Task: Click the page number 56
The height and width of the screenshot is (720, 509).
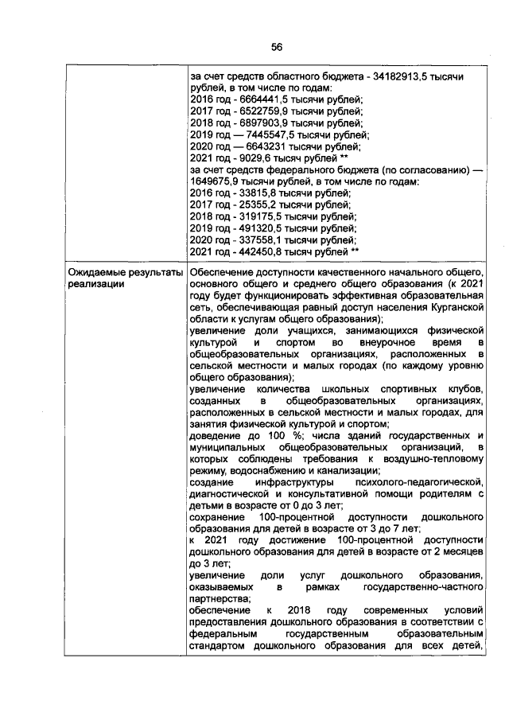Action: (276, 47)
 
